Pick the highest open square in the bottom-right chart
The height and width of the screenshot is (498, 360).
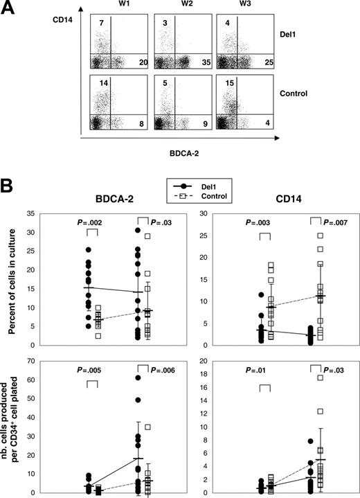pyautogui.click(x=320, y=377)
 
